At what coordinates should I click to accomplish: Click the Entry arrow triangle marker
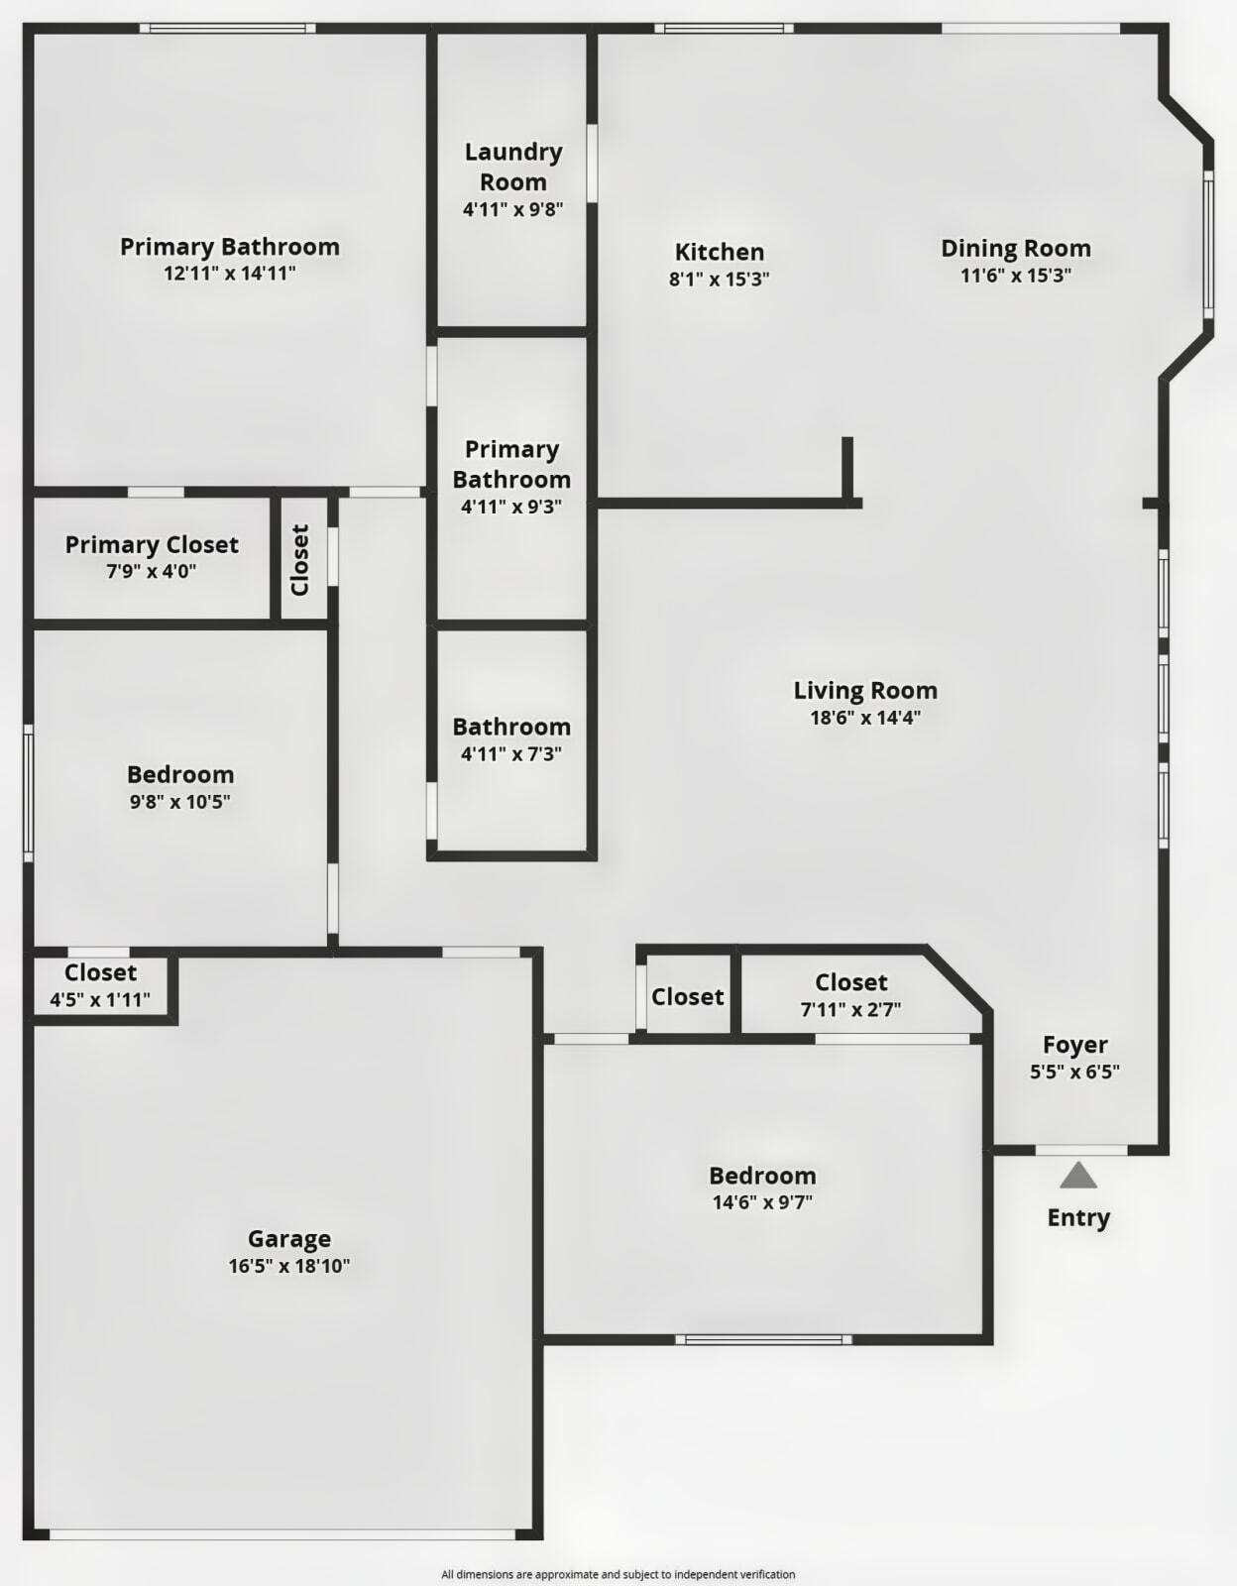click(x=1078, y=1176)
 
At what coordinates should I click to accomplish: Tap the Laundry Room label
click(x=513, y=167)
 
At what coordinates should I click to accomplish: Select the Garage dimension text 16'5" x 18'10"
click(x=288, y=1266)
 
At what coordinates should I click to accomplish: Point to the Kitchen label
click(x=720, y=252)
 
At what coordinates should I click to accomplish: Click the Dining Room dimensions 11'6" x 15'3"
click(x=1016, y=276)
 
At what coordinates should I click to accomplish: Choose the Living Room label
click(x=865, y=690)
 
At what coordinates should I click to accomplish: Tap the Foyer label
click(x=1075, y=1044)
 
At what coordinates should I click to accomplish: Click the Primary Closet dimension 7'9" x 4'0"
click(x=152, y=571)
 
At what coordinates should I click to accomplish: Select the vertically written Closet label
click(x=300, y=560)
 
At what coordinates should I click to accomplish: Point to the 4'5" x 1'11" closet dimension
click(x=100, y=999)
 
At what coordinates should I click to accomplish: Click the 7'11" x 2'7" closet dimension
click(x=850, y=1010)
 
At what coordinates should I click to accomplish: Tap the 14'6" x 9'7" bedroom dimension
click(x=762, y=1202)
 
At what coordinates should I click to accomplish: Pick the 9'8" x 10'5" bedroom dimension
click(x=180, y=801)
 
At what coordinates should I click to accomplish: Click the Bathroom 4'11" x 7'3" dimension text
click(x=511, y=753)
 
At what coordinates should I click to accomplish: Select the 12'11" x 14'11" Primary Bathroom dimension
click(x=230, y=273)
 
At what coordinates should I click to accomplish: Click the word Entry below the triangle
click(x=1078, y=1217)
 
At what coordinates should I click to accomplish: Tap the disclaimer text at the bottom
click(x=618, y=1574)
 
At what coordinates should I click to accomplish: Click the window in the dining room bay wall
click(x=1208, y=244)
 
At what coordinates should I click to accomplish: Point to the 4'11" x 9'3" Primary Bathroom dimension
click(x=511, y=507)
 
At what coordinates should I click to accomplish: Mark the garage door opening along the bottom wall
click(x=282, y=1534)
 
